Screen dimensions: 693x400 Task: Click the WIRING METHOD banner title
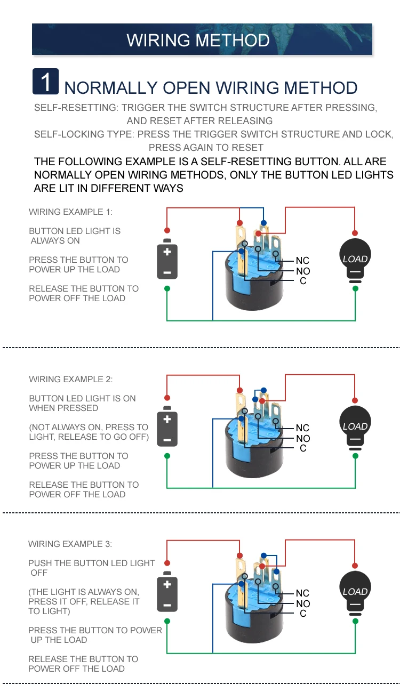point(198,41)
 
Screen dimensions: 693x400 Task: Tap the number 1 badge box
point(46,82)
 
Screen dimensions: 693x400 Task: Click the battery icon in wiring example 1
point(167,261)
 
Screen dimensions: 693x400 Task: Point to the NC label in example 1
point(302,261)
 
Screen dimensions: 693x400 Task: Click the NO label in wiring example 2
point(303,439)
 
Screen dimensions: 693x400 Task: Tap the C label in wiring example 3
point(303,614)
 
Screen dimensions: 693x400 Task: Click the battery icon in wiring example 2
point(167,428)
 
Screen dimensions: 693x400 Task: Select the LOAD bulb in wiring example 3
point(355,593)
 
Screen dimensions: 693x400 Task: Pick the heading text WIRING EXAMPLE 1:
point(71,212)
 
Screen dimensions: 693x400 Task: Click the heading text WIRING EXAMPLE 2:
point(71,380)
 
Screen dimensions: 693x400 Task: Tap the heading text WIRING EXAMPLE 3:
point(70,544)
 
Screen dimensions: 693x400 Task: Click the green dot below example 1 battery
point(167,288)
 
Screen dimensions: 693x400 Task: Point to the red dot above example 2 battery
point(167,398)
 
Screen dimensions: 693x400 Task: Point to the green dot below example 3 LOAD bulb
point(355,621)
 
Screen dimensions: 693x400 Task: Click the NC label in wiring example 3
point(302,593)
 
